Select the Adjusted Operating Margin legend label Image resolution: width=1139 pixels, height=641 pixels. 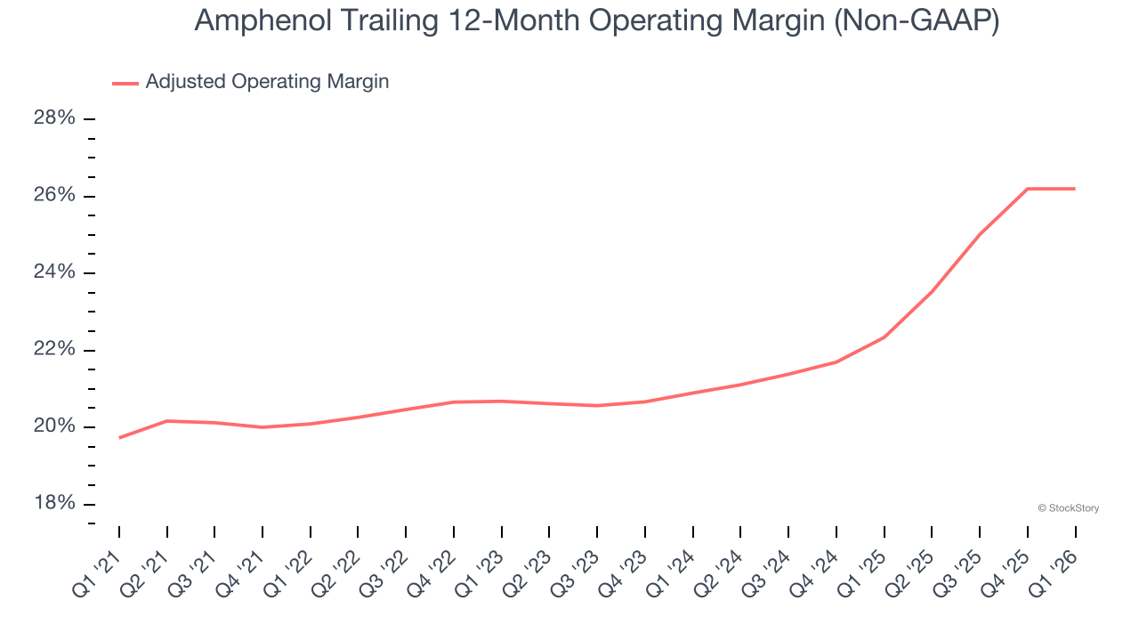pyautogui.click(x=267, y=82)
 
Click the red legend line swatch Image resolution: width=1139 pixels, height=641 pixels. pyautogui.click(x=125, y=83)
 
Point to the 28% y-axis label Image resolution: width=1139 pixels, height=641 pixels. pyautogui.click(x=54, y=118)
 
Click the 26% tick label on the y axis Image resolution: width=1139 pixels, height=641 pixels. pyautogui.click(x=54, y=196)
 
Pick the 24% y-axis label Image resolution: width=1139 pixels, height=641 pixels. pyautogui.click(x=54, y=272)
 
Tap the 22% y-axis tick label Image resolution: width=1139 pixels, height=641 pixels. pyautogui.click(x=54, y=350)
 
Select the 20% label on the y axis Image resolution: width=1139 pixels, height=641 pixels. pyautogui.click(x=54, y=427)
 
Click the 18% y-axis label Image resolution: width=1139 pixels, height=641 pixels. pyautogui.click(x=54, y=504)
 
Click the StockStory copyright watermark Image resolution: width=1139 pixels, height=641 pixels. pyautogui.click(x=1068, y=508)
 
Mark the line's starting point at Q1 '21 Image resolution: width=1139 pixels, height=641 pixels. pyautogui.click(x=119, y=437)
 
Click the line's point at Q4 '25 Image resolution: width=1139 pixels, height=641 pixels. pyautogui.click(x=1028, y=189)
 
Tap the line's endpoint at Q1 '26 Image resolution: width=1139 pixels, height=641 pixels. pyautogui.click(x=1075, y=189)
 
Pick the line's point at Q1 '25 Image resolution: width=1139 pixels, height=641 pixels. pyautogui.click(x=885, y=337)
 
